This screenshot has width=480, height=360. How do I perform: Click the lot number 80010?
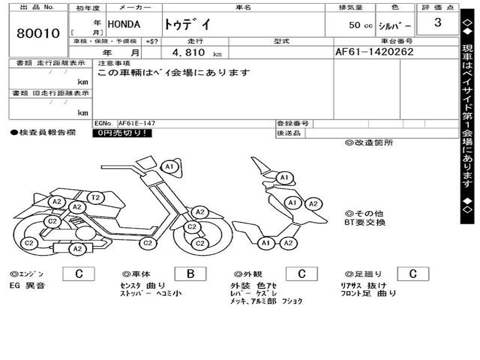point(38,34)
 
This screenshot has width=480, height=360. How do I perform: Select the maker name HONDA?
point(124,25)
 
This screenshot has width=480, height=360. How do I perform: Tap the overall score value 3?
point(437,22)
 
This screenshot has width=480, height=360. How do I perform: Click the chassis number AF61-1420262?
point(375,52)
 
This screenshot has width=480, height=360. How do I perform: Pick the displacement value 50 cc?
point(360,25)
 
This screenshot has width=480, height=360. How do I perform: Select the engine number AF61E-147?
point(136,123)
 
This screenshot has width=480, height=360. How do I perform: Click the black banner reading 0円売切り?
point(122,133)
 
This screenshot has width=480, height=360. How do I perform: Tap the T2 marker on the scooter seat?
point(96,198)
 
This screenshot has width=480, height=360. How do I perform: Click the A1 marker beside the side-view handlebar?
point(169,166)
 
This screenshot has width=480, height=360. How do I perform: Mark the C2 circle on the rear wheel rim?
point(29,243)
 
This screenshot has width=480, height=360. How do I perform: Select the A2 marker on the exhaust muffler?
point(77,249)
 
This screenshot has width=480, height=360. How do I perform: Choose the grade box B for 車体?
point(190,274)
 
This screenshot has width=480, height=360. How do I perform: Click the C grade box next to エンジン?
point(79,274)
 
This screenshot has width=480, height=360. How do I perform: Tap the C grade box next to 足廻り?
point(412,274)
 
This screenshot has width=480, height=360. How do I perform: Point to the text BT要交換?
point(365,223)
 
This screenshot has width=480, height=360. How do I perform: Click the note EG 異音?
point(27,285)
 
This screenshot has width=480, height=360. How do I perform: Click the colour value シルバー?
point(395,25)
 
